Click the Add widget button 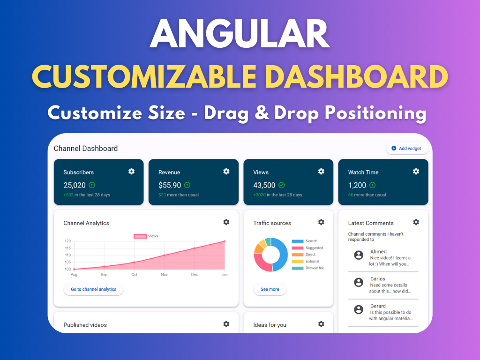[x=407, y=149]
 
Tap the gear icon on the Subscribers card [x=132, y=172]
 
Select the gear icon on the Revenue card [x=226, y=172]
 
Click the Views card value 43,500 [x=264, y=185]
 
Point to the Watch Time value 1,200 [x=357, y=185]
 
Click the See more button [x=270, y=289]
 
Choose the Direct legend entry [x=310, y=255]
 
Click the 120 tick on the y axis [x=67, y=241]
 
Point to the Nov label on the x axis [x=164, y=275]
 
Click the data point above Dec [x=195, y=248]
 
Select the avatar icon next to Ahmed [x=359, y=255]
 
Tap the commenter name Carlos [x=378, y=279]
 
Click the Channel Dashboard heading [x=86, y=149]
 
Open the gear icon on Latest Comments [x=416, y=222]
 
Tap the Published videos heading [x=85, y=325]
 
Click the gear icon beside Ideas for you [x=321, y=324]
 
